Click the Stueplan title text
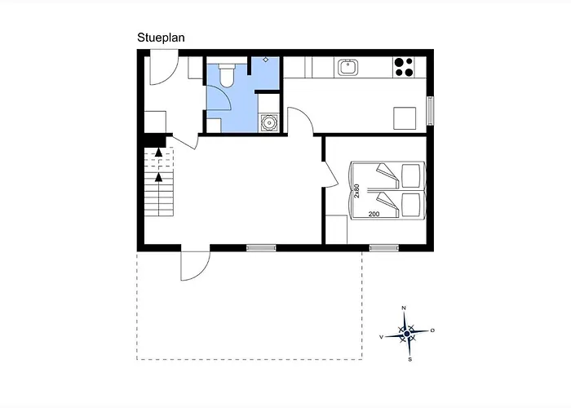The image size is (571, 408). (161, 38)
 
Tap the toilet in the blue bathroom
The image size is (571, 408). (227, 75)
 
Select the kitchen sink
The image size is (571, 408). (347, 68)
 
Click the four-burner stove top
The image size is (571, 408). (404, 67)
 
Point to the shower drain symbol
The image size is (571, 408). (266, 60)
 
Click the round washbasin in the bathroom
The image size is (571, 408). (269, 122)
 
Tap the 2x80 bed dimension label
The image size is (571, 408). (356, 191)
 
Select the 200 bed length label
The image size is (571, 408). (374, 214)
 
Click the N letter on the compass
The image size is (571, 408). (404, 308)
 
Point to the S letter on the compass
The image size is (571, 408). (410, 360)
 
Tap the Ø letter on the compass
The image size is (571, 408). (432, 330)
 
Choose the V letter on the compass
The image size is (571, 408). (381, 337)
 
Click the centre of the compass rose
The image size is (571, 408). (407, 334)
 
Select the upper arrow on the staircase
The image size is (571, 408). (158, 153)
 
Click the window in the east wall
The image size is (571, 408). (430, 111)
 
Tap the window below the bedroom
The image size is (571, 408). (384, 248)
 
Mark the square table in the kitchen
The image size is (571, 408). (405, 118)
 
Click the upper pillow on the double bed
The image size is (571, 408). (410, 175)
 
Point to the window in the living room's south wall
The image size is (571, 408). (261, 248)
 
